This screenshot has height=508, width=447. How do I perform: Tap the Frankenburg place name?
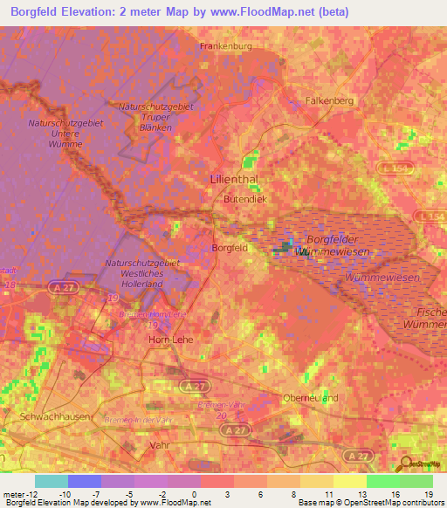pyautogui.click(x=225, y=45)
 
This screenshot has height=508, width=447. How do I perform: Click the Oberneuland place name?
pyautogui.click(x=311, y=398)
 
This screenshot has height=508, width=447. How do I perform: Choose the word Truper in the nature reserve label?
pyautogui.click(x=155, y=116)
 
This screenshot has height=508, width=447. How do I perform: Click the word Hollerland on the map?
pyautogui.click(x=143, y=283)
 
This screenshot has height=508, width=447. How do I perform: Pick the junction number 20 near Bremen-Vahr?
pyautogui.click(x=221, y=415)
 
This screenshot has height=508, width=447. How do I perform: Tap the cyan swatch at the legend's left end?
pyautogui.click(x=52, y=481)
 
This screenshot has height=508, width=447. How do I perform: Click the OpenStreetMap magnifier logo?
pyautogui.click(x=407, y=464)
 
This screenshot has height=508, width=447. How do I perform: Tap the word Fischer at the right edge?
pyautogui.click(x=430, y=312)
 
